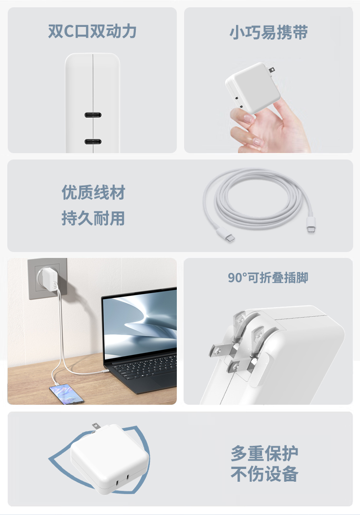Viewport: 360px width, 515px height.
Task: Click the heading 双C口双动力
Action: (x=93, y=31)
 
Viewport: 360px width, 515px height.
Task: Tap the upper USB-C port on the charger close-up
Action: (x=93, y=115)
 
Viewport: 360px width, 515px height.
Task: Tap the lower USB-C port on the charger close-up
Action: (x=93, y=142)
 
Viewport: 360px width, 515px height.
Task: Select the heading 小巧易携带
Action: (x=268, y=32)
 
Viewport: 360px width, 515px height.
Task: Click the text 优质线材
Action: (x=93, y=192)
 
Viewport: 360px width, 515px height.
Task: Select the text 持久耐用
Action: (x=93, y=218)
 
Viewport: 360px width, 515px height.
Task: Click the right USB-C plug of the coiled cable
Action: (x=311, y=225)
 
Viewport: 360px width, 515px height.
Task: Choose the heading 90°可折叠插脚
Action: (x=268, y=278)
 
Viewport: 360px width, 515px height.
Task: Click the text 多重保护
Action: (x=264, y=453)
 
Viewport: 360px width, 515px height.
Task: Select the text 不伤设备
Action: (x=264, y=474)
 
